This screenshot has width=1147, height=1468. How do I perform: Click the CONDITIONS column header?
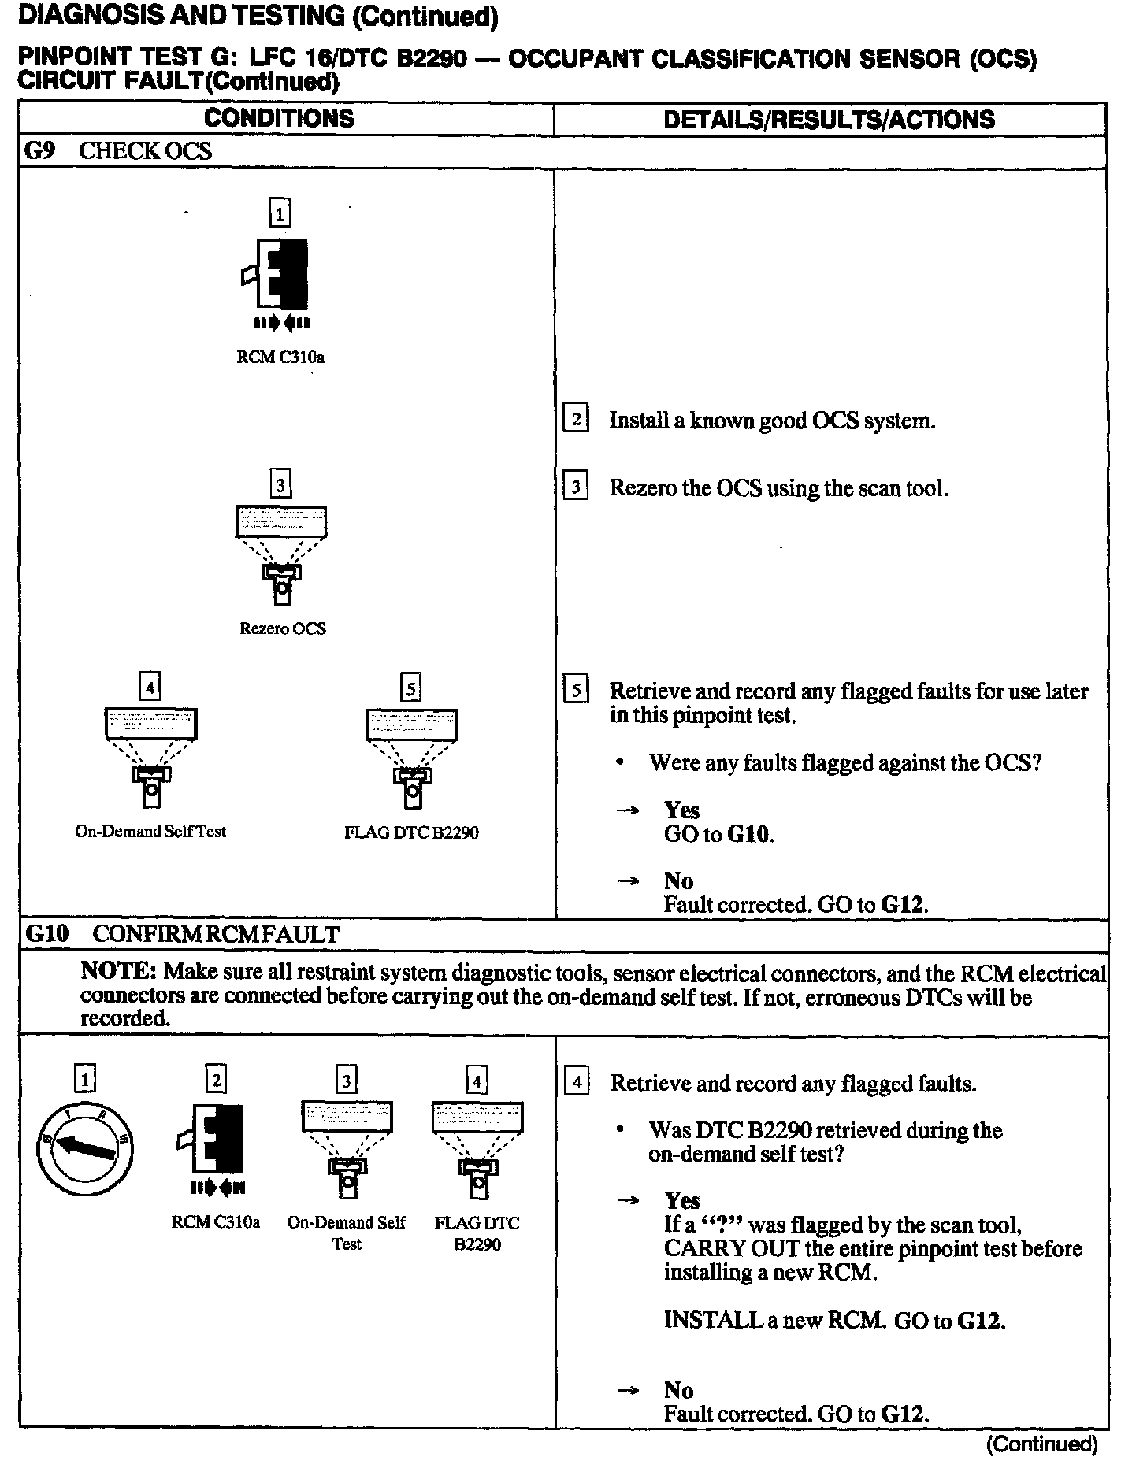point(279,119)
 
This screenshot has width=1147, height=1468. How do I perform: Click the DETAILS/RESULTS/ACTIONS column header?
point(829,120)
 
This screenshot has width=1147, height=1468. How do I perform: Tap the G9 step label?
point(39,151)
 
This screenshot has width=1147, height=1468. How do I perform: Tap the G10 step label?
point(47,934)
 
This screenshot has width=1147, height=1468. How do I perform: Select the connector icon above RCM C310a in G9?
point(280,276)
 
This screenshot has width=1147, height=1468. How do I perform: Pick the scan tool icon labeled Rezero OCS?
point(281,554)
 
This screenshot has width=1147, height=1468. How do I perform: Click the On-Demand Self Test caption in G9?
point(150,832)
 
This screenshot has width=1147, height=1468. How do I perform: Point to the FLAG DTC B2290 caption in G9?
point(411,832)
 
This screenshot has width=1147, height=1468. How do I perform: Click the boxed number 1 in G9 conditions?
point(280,213)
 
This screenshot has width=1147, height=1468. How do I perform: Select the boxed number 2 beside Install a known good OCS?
point(576,419)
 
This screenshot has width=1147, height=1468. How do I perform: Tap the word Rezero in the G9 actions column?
point(643,488)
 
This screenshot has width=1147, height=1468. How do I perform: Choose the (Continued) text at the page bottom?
point(1041,1444)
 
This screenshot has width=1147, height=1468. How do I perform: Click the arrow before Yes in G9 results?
point(628,810)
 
